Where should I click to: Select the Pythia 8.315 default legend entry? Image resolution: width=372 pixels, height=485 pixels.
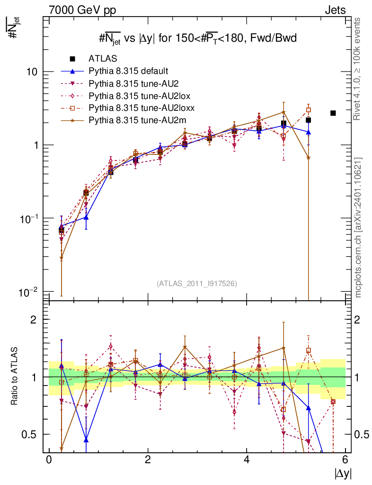(128, 72)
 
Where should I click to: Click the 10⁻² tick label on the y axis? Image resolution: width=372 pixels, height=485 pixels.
(29, 291)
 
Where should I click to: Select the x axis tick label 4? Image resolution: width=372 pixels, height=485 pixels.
(247, 459)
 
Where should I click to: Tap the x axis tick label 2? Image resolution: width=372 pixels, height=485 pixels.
(148, 459)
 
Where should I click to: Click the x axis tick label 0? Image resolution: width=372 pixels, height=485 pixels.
(49, 459)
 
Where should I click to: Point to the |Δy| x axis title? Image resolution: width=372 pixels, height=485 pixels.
(342, 473)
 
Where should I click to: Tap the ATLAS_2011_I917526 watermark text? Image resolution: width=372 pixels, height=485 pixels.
(197, 283)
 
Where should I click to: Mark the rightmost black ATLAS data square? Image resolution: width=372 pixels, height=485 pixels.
(333, 113)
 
